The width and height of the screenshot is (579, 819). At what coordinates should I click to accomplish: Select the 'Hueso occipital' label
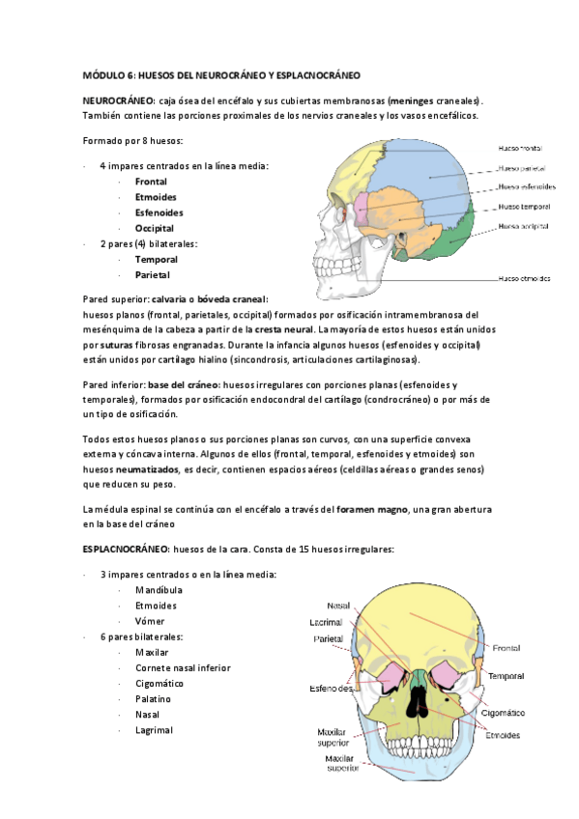[x=524, y=226]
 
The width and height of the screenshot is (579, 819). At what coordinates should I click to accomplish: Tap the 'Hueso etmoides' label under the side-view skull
[x=525, y=279]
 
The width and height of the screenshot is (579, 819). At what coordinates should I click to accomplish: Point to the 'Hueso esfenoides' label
[x=526, y=186]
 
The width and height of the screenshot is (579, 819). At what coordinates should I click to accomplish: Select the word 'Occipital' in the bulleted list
[x=155, y=228]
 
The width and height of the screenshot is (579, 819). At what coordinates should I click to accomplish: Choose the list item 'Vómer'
[x=150, y=621]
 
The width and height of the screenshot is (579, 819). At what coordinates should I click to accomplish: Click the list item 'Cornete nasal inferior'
[x=183, y=667]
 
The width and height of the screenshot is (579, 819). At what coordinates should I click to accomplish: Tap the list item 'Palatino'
[x=154, y=698]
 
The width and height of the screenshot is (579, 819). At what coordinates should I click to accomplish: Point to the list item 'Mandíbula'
[x=158, y=590]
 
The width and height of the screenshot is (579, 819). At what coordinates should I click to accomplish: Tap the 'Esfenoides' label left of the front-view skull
[x=330, y=689]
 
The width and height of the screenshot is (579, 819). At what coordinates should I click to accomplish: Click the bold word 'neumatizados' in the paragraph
[x=141, y=468]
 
